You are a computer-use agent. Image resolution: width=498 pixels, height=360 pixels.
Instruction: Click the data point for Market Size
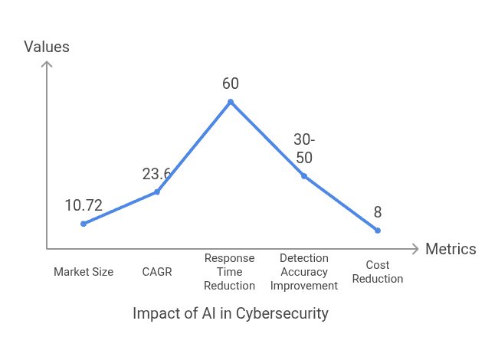[x=83, y=224]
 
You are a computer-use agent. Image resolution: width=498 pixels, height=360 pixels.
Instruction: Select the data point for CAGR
[x=157, y=191]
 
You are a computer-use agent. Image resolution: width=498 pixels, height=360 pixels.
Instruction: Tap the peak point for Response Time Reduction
[x=231, y=102]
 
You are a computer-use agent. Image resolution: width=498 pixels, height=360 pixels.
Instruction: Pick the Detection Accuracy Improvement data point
[x=304, y=176]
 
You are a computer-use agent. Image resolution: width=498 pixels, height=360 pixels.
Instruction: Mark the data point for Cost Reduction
[x=378, y=230]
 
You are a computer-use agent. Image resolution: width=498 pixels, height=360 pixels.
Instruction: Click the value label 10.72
[x=84, y=205]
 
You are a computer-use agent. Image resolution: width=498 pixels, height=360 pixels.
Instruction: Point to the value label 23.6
[x=156, y=174]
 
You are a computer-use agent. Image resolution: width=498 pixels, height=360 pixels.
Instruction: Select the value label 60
[x=231, y=83]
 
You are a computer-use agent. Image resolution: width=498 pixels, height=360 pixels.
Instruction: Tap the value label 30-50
[x=304, y=149]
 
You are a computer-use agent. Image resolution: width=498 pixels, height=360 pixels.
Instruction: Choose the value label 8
[x=378, y=212]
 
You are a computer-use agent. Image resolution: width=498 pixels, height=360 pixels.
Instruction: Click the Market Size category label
[x=84, y=272]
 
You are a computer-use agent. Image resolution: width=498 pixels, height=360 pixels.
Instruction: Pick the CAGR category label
[x=157, y=272]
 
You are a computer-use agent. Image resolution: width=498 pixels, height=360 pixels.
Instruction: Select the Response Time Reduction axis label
[x=230, y=272]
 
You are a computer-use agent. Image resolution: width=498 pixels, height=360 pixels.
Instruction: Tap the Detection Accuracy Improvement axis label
[x=304, y=272]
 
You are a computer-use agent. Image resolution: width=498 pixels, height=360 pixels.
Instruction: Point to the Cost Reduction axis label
[x=378, y=272]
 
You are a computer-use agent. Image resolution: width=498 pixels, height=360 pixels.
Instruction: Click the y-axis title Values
[x=47, y=47]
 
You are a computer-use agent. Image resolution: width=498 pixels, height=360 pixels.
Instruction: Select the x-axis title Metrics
[x=450, y=249]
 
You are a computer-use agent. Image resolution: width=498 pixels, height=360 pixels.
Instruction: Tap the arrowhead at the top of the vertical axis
[x=47, y=65]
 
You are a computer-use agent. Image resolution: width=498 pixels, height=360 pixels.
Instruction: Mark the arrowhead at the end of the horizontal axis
[x=415, y=249]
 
